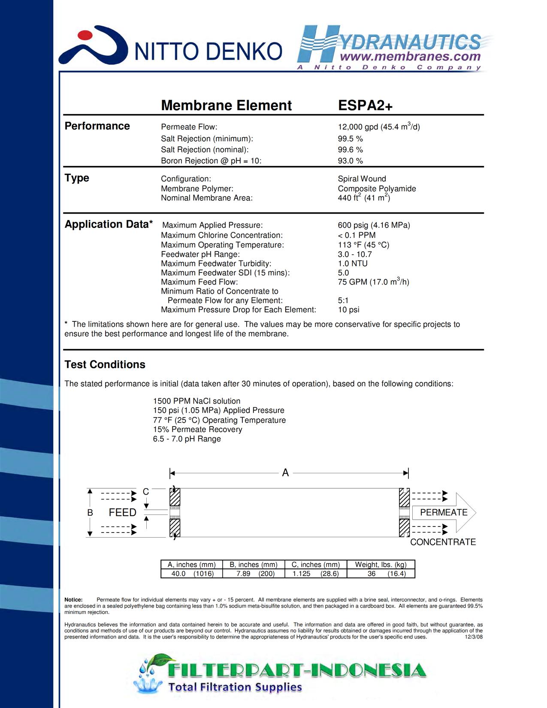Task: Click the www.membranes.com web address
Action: coord(410,57)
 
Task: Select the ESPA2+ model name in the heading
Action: coord(365,106)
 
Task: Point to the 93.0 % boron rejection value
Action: coord(350,161)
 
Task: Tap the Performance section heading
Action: coord(97,126)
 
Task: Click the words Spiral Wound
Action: coord(362,179)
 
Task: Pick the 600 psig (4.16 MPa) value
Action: coord(374,225)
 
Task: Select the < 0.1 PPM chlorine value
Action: coord(357,235)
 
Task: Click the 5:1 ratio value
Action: coord(343,300)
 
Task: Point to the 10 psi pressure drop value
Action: coord(348,310)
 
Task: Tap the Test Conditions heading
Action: coord(105,365)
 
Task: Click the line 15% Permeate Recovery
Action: coord(197,430)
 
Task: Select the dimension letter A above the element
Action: coord(285,473)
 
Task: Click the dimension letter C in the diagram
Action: coord(146,492)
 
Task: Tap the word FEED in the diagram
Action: coord(122,513)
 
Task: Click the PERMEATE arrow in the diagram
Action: coord(444,512)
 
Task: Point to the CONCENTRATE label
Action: coord(443,542)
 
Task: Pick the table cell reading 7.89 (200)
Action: coord(254,574)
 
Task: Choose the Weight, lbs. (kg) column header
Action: coord(381,565)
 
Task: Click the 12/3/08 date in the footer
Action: coord(474,637)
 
